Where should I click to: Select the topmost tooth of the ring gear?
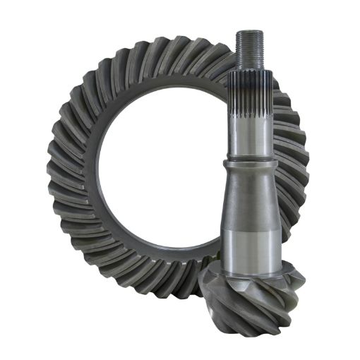pos(169,48)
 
